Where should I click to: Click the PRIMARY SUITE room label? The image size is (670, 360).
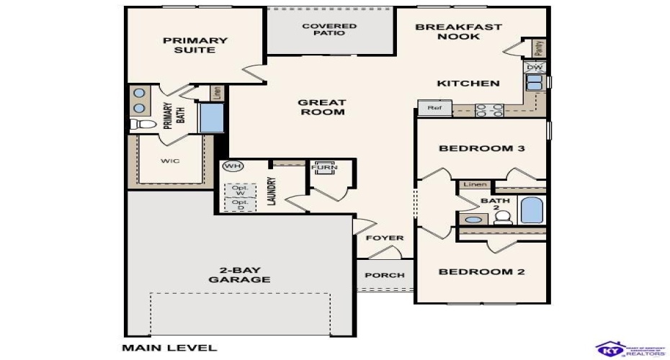pos(195,45)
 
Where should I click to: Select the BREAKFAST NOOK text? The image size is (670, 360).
pos(458,32)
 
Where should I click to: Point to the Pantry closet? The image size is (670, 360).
pos(538,48)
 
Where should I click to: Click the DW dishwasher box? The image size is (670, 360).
pos(534,68)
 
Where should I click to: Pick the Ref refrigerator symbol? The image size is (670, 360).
pos(434,108)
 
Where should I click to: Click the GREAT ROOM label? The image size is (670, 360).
pos(321,107)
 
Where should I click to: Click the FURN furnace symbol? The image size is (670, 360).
pos(321,168)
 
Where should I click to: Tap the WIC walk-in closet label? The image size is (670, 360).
pos(170,160)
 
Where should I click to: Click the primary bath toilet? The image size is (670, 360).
pos(143,125)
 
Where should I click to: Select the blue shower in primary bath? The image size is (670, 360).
pos(211,118)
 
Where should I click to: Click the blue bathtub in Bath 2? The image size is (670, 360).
pos(532,210)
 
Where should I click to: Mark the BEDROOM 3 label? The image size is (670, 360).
pos(481,148)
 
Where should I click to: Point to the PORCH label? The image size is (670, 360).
pos(385,275)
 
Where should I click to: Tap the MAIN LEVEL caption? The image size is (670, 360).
pos(169,348)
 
